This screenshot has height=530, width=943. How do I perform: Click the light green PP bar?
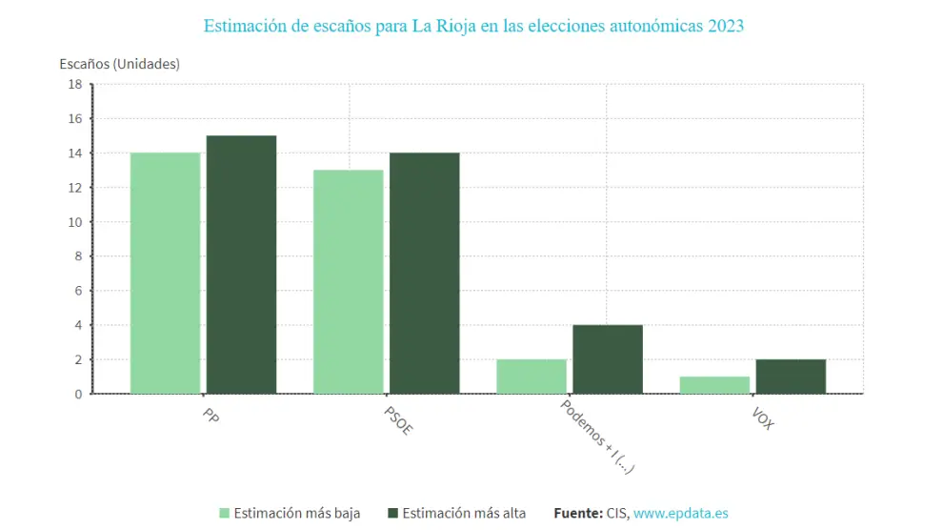click(x=165, y=273)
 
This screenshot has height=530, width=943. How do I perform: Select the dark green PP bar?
click(x=241, y=264)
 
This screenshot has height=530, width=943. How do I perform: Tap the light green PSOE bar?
click(x=348, y=281)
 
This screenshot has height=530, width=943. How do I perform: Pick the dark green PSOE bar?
click(x=424, y=273)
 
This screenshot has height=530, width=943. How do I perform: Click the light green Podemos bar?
click(x=531, y=376)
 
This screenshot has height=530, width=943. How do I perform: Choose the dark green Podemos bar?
click(x=607, y=358)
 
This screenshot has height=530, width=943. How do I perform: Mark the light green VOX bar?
click(x=713, y=384)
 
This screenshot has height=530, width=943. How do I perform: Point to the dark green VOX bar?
click(x=790, y=376)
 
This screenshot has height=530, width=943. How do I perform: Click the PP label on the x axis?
click(x=211, y=417)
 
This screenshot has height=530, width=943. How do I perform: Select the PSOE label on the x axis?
click(x=398, y=420)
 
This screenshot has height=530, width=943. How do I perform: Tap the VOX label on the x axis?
click(x=762, y=419)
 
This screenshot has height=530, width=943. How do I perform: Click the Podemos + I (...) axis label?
click(x=596, y=436)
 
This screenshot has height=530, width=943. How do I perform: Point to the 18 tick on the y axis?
click(x=74, y=84)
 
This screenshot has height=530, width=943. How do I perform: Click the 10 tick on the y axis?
click(x=74, y=222)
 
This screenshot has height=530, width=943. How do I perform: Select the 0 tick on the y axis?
click(x=78, y=394)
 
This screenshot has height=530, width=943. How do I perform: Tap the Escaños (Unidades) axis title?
click(x=119, y=64)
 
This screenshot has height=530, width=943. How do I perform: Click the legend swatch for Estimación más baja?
click(x=225, y=513)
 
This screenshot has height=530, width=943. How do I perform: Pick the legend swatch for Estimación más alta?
click(x=392, y=513)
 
